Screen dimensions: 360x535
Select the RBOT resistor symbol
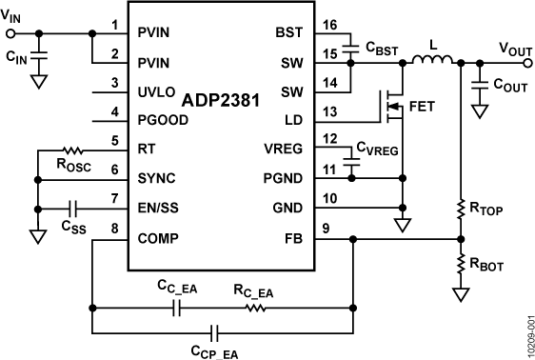(x=461, y=264)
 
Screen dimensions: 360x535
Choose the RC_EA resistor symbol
(x=254, y=308)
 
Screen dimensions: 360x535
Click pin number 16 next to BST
(x=329, y=31)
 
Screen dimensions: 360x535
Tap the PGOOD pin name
(x=168, y=121)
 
